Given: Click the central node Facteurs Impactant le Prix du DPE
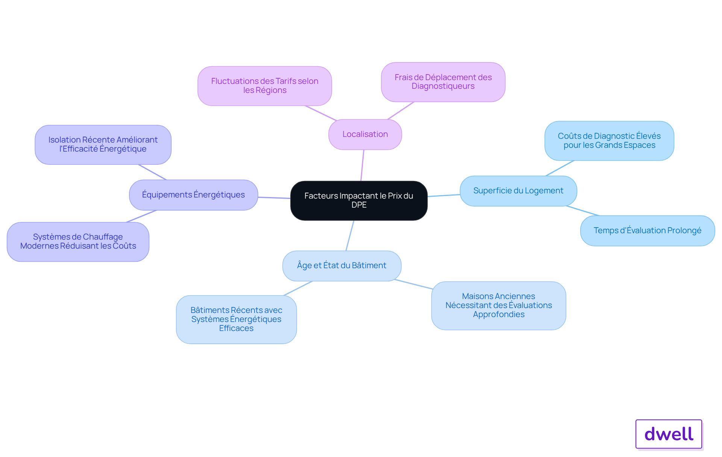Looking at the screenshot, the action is tap(359, 200).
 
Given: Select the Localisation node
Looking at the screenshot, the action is tap(365, 134).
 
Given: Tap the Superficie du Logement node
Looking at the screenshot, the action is tap(518, 191).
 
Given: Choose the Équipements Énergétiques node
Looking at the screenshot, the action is tap(193, 195).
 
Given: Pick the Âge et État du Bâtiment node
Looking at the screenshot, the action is tap(342, 266).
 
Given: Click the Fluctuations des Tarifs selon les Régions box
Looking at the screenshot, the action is tap(265, 86).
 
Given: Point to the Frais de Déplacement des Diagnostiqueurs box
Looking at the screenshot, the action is tap(443, 82).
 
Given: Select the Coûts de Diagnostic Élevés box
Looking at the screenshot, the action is tap(609, 141).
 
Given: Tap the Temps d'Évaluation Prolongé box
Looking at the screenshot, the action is tap(648, 231).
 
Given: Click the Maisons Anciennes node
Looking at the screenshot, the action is tap(499, 305).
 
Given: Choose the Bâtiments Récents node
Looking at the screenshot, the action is tap(236, 319).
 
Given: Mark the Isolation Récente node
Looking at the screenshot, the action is tap(103, 144).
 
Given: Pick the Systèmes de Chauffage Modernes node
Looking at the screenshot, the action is tap(78, 241).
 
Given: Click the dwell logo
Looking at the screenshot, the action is tap(669, 434).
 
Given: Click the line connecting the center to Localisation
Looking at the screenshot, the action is tap(363, 165).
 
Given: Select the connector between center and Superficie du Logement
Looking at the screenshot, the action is tap(444, 196).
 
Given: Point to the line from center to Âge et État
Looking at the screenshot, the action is tap(350, 235).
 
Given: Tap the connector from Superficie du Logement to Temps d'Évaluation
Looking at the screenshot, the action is tap(582, 211).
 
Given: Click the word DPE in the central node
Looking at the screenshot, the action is tap(359, 205).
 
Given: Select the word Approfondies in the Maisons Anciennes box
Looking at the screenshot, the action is tap(499, 314).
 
